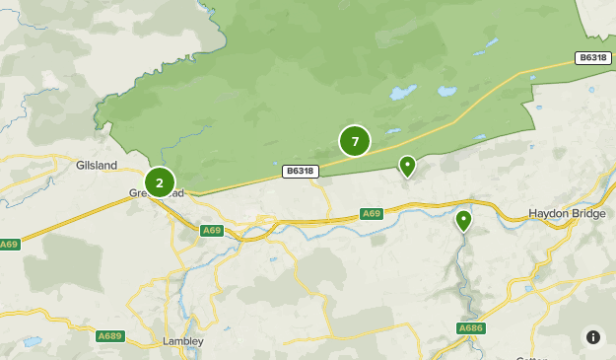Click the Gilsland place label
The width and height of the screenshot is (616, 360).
coord(97,165)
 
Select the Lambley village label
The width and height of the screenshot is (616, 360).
coord(182,341)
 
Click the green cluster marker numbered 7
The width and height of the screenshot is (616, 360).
coord(355,141)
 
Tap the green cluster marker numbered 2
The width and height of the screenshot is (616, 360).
coord(160,182)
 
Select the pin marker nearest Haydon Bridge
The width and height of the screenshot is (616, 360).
coord(463,219)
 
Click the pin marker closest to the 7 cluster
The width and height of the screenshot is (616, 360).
coord(407,165)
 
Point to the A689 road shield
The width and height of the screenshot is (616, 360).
coord(109,335)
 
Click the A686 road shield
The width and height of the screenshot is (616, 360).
coord(470,327)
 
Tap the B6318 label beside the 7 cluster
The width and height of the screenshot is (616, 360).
coord(300,171)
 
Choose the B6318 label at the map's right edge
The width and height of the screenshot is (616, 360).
coord(593,58)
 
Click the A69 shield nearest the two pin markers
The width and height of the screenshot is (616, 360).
coord(371,213)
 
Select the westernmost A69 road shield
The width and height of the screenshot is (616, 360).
coord(10,244)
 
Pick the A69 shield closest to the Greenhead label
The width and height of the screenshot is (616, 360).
coord(211,230)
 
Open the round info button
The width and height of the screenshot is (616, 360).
coord(593,336)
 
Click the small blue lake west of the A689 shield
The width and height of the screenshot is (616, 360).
coord(32,341)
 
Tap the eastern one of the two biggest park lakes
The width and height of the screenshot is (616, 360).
coord(446,91)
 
